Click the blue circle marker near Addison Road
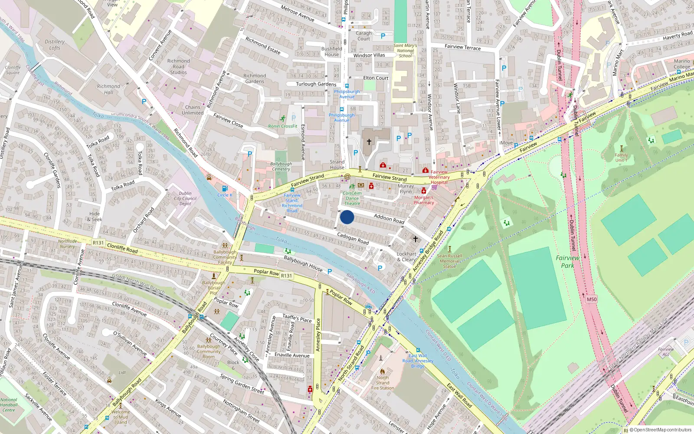(347, 217)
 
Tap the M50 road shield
(592, 299)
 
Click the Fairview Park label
(567, 261)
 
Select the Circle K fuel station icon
(225, 188)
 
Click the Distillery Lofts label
(55, 45)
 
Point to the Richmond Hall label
(108, 89)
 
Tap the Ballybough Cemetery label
(281, 166)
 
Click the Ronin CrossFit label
(283, 126)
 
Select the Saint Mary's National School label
(405, 50)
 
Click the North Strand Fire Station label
(383, 383)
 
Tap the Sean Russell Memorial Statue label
(449, 261)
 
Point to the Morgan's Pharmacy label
(424, 200)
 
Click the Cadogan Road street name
(353, 238)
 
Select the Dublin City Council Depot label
(185, 198)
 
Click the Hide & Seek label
(95, 216)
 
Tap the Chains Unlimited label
(193, 110)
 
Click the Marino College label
(682, 64)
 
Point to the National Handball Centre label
(9, 405)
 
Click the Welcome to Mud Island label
(121, 417)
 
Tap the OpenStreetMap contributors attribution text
(663, 430)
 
